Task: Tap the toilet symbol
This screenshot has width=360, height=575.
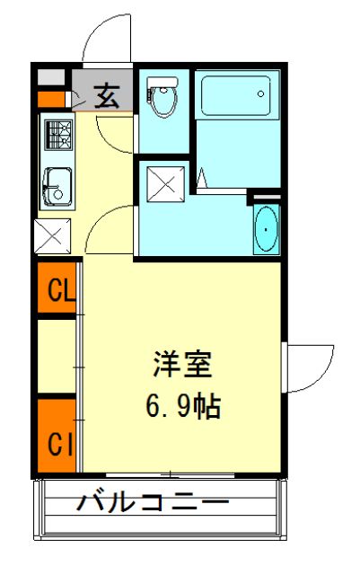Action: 162,97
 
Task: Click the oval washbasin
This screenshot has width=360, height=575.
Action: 267,232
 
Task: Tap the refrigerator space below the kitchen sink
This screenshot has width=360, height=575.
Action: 52,236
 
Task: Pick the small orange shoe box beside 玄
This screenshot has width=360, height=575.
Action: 53,98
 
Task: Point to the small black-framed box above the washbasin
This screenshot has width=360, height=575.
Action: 264,197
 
